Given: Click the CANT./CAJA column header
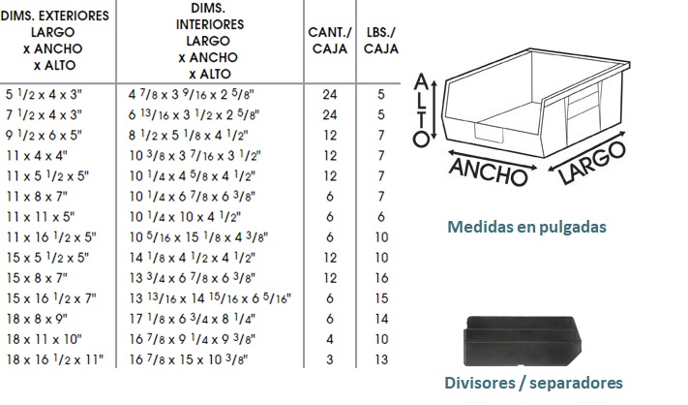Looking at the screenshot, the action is (x=330, y=41).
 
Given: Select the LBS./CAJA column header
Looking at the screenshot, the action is (x=381, y=41).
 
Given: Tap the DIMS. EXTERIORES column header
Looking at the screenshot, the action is (x=54, y=41).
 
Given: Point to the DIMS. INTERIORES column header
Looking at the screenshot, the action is (x=210, y=41).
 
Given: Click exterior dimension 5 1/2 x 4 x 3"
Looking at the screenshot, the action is (x=44, y=94).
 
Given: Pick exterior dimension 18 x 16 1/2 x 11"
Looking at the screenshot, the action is (x=54, y=359).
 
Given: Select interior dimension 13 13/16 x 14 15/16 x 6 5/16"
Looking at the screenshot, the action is (x=210, y=298).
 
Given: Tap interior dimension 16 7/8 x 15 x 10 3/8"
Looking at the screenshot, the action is (x=189, y=359).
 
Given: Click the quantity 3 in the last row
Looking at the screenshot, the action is (x=330, y=359).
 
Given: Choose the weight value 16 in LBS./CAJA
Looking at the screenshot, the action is (x=381, y=278).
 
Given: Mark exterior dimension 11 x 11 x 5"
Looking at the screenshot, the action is (x=41, y=217).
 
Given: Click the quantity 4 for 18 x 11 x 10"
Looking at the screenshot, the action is (x=330, y=339).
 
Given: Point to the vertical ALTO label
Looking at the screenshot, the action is (x=421, y=110).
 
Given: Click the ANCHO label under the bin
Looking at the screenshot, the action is (x=488, y=171).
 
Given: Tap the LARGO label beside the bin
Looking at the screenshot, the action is (x=592, y=163).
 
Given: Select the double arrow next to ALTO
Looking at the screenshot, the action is (x=434, y=109).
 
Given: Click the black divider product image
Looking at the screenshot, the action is (x=523, y=341).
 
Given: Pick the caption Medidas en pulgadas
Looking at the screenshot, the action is (x=526, y=227).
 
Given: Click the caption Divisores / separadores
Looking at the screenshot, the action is (x=533, y=383).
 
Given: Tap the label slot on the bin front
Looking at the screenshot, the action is (x=489, y=133).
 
